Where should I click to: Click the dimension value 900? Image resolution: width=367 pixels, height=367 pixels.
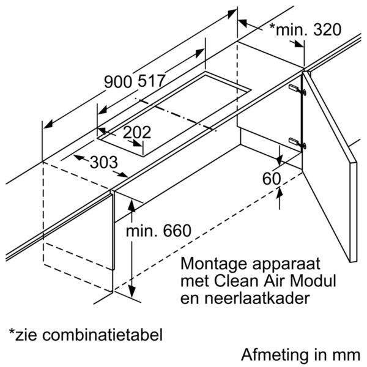point(118,81)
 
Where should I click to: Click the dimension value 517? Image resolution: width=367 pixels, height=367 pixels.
point(151,81)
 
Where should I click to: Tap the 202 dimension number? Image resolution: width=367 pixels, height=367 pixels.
point(137,132)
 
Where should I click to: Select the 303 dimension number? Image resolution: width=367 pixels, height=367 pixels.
point(104,162)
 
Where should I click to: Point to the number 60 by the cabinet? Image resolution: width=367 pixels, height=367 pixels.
point(272,179)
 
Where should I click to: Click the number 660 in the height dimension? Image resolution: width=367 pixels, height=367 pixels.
point(177,231)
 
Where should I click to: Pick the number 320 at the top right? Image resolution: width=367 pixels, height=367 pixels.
point(327,29)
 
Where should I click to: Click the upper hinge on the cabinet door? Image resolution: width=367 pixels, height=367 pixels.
point(297,89)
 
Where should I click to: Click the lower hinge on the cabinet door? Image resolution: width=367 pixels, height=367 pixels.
point(297,143)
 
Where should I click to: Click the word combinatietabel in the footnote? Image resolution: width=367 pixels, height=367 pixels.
point(102,334)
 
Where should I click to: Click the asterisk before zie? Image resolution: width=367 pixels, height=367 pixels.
point(12,331)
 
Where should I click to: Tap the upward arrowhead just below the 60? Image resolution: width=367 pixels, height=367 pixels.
point(280,193)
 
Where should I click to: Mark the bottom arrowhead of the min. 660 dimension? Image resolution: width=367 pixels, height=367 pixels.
point(132,292)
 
